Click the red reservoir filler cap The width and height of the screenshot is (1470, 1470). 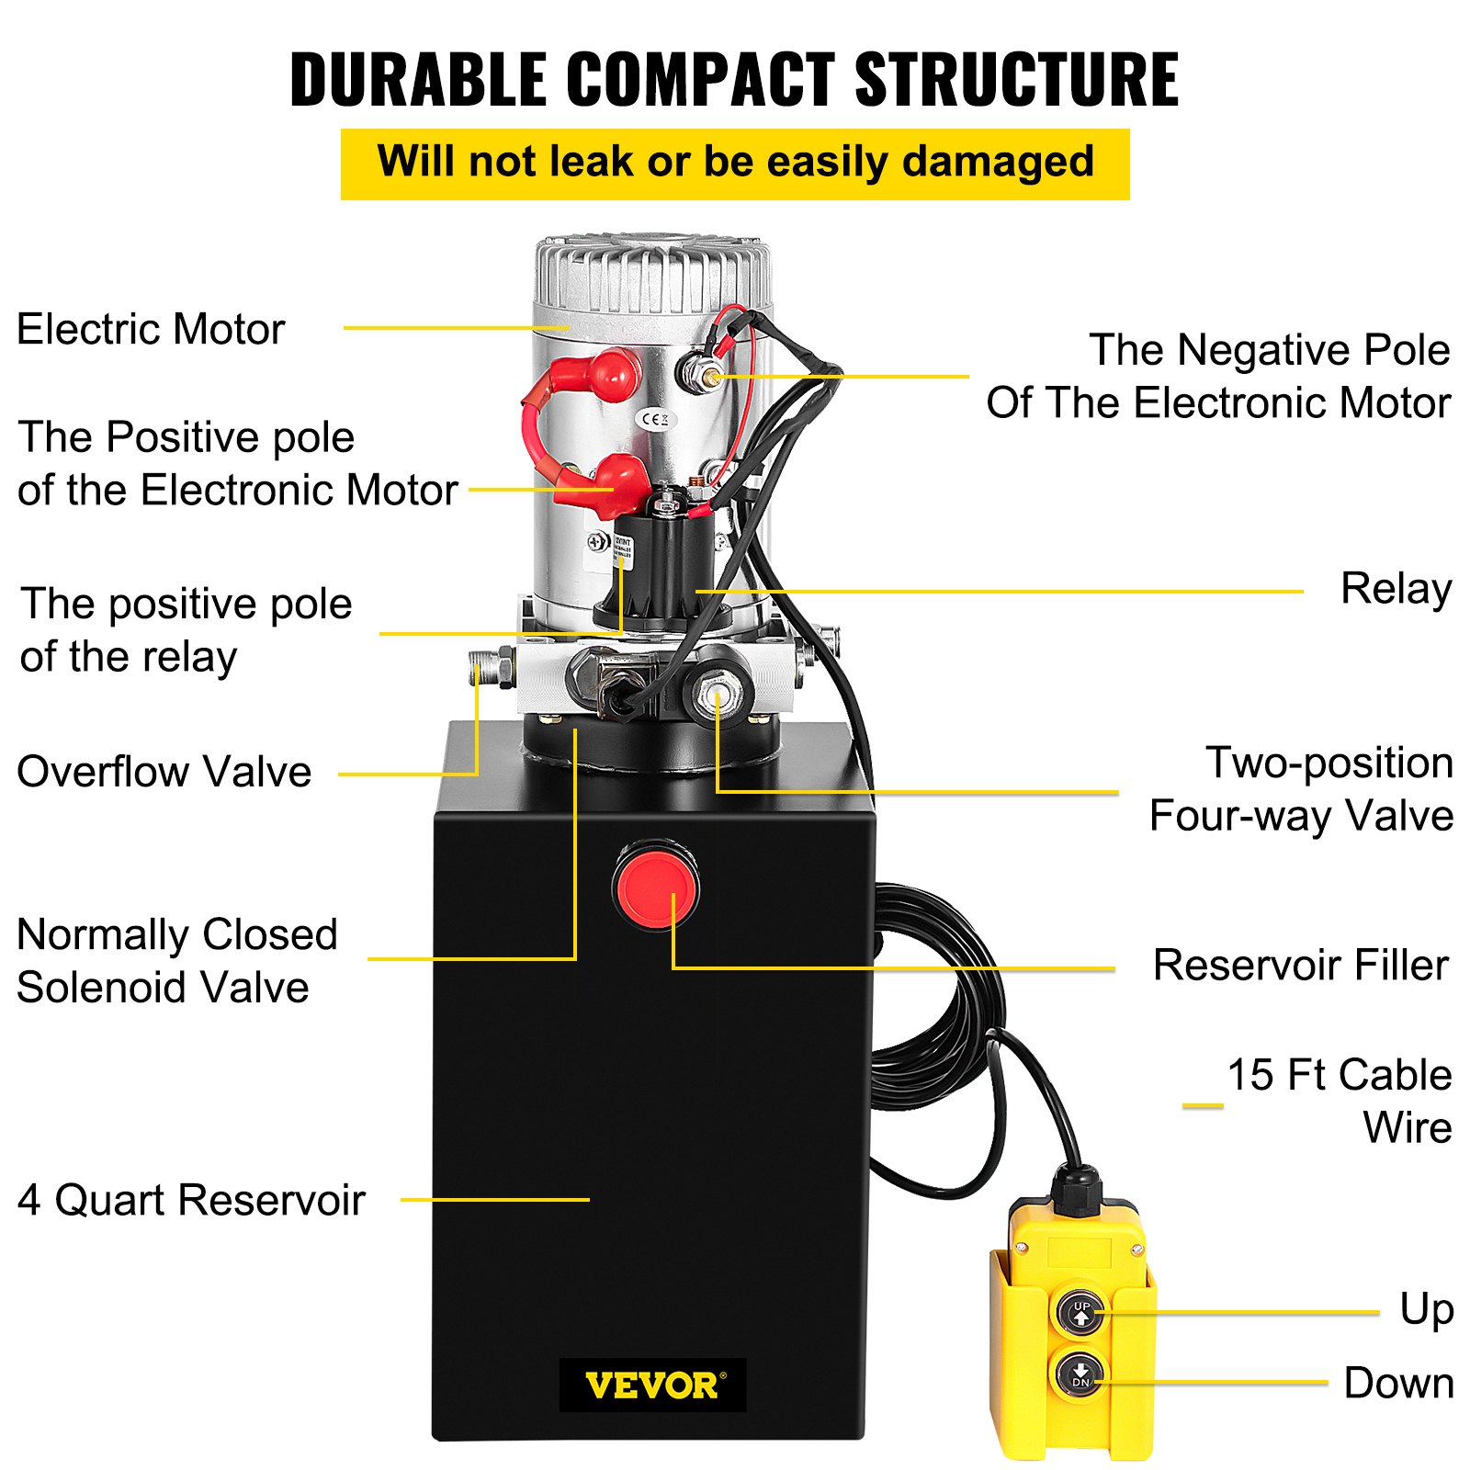656,888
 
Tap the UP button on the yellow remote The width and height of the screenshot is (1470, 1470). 1081,1312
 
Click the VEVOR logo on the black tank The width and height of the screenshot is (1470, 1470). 652,1385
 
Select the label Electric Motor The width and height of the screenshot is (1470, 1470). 151,329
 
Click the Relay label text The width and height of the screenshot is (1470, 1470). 1396,589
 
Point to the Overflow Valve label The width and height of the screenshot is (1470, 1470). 164,772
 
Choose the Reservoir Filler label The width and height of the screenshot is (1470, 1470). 1300,966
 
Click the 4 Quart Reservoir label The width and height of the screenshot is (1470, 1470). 191,1200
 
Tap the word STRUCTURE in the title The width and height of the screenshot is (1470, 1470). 1016,80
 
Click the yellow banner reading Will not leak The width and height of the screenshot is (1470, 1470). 735,164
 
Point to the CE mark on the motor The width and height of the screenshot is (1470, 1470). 656,420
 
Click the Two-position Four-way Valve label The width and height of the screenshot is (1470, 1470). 1302,789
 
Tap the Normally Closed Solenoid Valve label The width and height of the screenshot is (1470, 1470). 176,961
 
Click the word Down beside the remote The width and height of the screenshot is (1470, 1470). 1397,1383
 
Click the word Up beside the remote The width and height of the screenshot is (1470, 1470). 1426,1309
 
